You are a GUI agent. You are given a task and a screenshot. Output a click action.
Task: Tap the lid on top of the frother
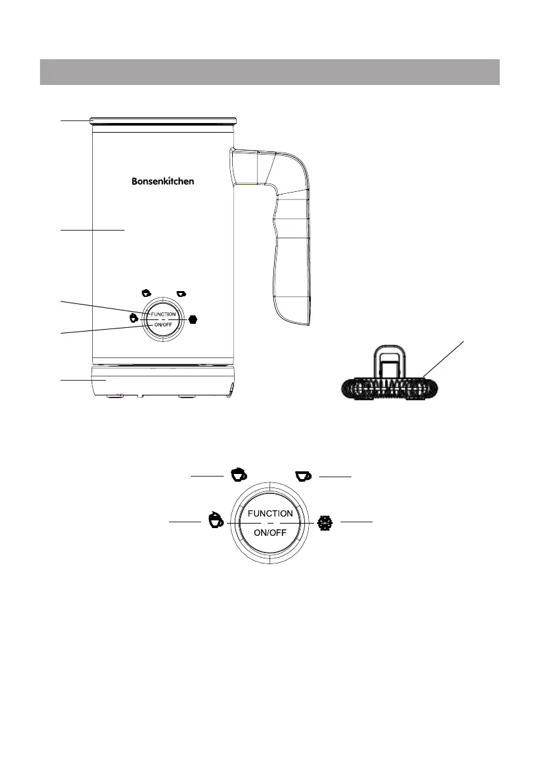point(162,120)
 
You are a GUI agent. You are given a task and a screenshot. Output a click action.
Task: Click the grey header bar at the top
point(270,72)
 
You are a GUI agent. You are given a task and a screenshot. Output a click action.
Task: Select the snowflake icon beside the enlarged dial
point(324,523)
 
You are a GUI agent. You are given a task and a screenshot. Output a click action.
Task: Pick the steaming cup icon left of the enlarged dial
point(215,520)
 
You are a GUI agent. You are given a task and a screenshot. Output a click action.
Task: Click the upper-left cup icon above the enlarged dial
point(239,475)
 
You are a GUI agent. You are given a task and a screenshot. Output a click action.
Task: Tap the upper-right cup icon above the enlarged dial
point(302,475)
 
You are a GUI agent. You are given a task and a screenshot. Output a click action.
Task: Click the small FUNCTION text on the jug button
point(163,314)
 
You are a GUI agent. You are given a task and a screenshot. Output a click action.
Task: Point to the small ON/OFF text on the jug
point(163,324)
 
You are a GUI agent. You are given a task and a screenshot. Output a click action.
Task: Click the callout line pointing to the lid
point(75,120)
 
